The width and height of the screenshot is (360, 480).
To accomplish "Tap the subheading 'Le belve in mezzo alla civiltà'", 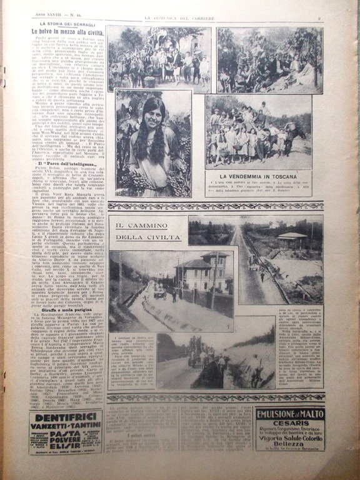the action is pyautogui.click(x=68, y=31).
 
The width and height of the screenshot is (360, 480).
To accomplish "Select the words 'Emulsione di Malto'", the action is pyautogui.click(x=289, y=414).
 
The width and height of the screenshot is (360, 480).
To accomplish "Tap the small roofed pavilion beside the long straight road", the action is pyautogui.click(x=294, y=239).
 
